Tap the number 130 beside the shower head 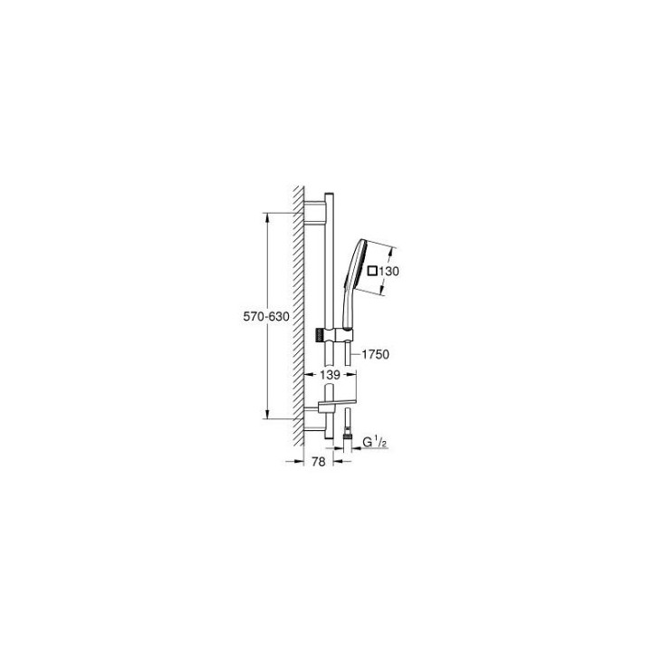tap(389, 270)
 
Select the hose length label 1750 tap(374, 354)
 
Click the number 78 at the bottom tap(317, 462)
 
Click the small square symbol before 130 tap(370, 270)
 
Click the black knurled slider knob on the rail tap(319, 336)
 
